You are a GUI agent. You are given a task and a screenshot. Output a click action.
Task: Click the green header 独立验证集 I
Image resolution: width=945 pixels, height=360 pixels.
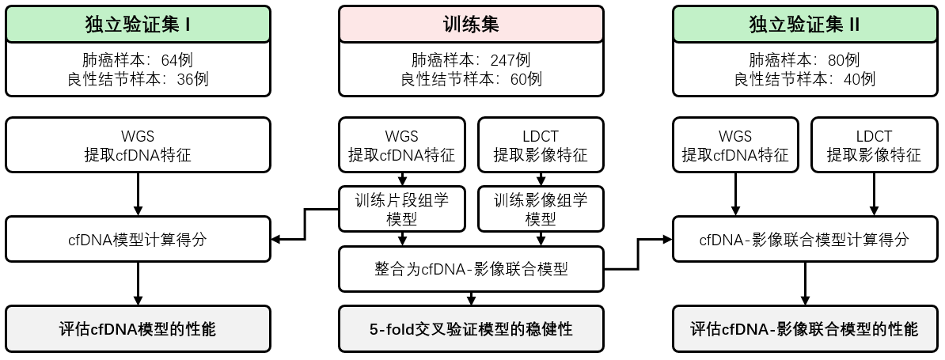(x=138, y=24)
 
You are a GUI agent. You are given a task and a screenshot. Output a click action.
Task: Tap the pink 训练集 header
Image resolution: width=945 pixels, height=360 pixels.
(x=471, y=24)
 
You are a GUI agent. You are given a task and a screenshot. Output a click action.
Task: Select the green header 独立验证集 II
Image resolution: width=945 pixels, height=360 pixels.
(x=804, y=24)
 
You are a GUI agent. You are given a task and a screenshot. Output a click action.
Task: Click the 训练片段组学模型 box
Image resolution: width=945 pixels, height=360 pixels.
(x=402, y=209)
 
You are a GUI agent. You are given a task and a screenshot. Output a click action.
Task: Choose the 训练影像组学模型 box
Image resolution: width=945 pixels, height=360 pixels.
(x=541, y=209)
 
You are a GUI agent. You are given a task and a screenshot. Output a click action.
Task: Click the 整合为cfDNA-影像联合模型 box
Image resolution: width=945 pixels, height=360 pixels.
(x=471, y=269)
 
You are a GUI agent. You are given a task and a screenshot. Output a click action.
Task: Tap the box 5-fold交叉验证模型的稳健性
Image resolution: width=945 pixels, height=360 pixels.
(x=471, y=328)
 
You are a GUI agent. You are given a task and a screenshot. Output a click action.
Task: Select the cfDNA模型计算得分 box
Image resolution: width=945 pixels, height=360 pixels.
(x=138, y=239)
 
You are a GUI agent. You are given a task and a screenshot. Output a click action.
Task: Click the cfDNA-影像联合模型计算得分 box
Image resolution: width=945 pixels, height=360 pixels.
(x=804, y=239)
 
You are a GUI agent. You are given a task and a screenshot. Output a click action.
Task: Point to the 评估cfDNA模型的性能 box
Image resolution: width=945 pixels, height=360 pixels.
(x=138, y=328)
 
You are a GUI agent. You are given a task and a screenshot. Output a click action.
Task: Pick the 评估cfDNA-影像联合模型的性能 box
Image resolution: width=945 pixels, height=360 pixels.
(x=804, y=328)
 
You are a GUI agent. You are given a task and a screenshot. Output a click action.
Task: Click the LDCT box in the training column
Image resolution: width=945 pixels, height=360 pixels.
(x=541, y=146)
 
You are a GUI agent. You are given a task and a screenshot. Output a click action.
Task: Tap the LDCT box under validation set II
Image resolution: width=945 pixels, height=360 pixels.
(x=874, y=146)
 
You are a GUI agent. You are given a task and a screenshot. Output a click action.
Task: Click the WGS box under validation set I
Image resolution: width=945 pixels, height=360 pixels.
(x=138, y=146)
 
